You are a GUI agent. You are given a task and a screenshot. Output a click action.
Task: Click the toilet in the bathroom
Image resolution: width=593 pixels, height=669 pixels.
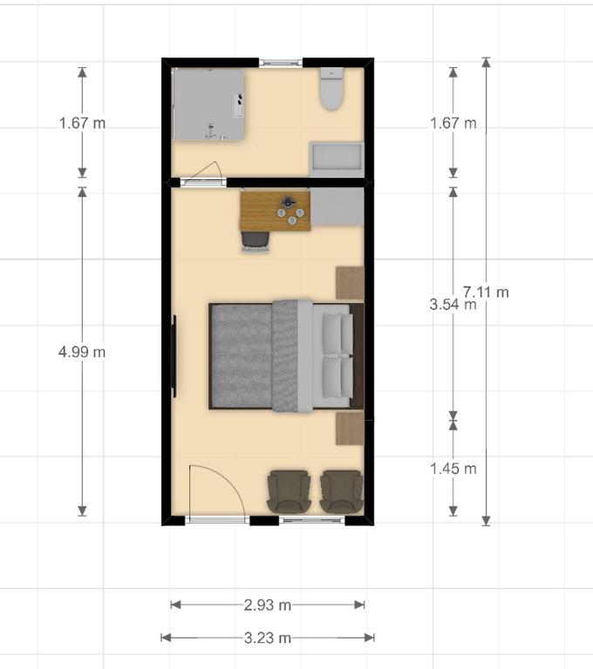pyautogui.click(x=331, y=91)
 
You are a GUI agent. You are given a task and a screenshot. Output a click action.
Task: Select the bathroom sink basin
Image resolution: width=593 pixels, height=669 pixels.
pyautogui.click(x=337, y=159)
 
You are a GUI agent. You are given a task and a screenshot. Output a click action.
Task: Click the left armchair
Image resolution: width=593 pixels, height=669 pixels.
pyautogui.click(x=287, y=490)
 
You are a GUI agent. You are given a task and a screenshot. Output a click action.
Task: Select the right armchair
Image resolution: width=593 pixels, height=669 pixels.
pyautogui.click(x=340, y=490)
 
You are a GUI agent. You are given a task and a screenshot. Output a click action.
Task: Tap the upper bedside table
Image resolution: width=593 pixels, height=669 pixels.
pyautogui.click(x=350, y=282)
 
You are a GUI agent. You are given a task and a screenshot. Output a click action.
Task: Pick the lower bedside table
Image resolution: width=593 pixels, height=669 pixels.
pyautogui.click(x=350, y=429)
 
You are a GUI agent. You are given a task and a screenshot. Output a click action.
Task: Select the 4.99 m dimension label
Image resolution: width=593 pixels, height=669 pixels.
pyautogui.click(x=82, y=352)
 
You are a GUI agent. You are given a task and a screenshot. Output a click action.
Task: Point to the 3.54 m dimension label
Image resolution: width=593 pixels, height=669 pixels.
pyautogui.click(x=453, y=305)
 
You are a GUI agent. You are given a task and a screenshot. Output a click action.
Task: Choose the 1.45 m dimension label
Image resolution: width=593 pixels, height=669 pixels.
pyautogui.click(x=453, y=469)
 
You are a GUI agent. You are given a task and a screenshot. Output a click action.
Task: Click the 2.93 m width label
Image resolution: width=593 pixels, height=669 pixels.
pyautogui.click(x=268, y=605)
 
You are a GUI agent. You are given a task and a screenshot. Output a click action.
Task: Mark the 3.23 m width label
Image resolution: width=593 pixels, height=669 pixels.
pyautogui.click(x=268, y=638)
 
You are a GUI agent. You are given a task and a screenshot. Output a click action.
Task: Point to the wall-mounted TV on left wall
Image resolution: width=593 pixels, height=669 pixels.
pyautogui.click(x=174, y=355)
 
